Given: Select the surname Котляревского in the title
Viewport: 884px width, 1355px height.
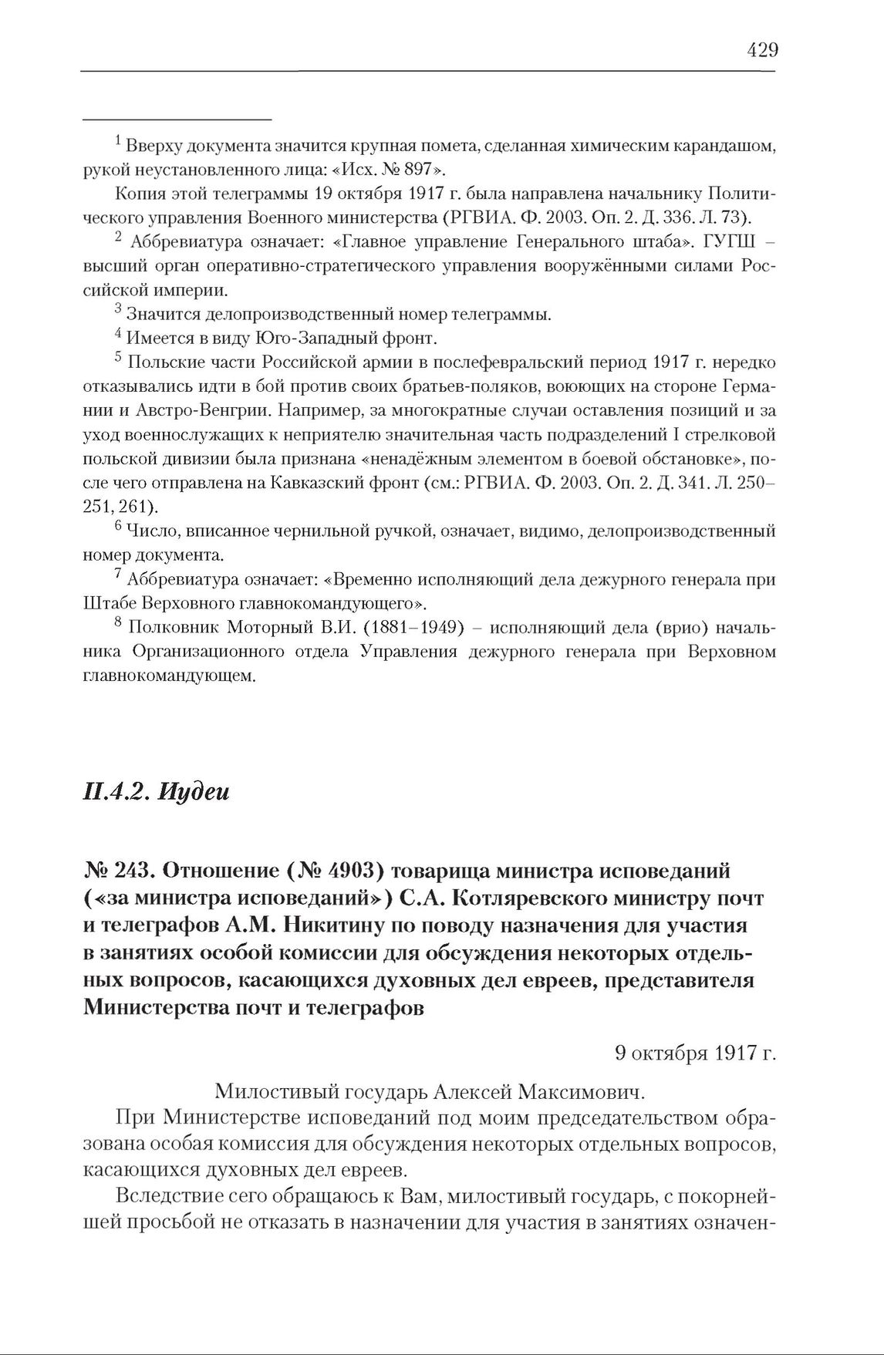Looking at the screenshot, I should tap(496, 899).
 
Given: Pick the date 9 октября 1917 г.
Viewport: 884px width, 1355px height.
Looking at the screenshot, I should tap(695, 1053).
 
